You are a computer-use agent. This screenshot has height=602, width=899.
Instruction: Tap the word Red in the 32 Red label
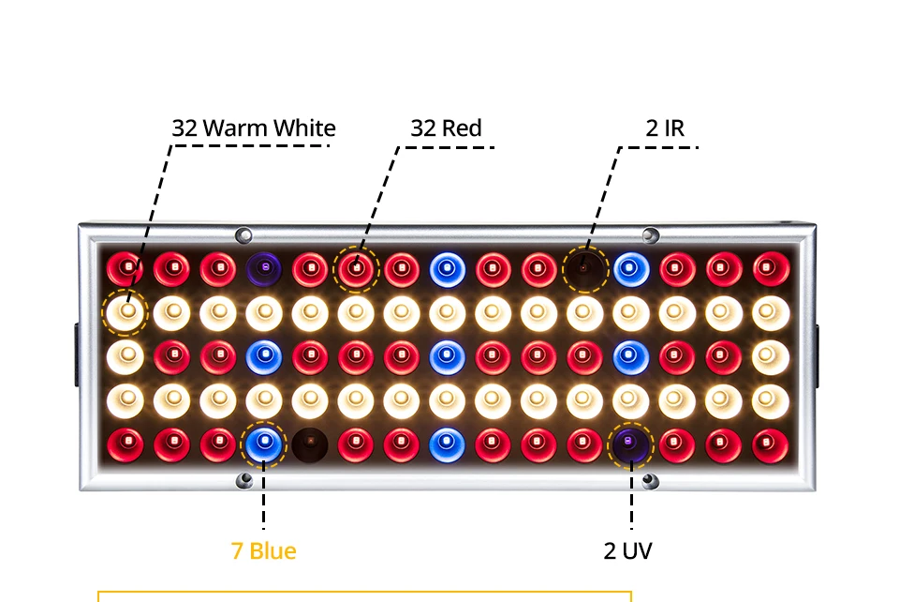tap(461, 128)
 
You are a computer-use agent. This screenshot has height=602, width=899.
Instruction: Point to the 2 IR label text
tap(665, 128)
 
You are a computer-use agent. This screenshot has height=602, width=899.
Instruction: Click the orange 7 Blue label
tap(264, 550)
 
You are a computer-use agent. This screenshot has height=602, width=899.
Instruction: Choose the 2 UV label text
tap(627, 550)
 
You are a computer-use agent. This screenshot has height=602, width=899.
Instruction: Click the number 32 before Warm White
tap(184, 128)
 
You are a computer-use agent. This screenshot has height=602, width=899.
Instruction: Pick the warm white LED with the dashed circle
tap(126, 312)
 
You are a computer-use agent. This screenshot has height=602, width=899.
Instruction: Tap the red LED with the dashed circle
tap(356, 269)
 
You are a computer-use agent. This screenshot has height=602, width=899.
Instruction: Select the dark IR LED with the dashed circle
tap(584, 269)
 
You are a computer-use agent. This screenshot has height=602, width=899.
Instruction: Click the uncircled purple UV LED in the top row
tap(264, 269)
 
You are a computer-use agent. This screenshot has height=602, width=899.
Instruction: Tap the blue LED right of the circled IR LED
tap(631, 269)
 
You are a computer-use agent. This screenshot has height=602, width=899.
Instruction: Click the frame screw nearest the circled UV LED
tap(650, 481)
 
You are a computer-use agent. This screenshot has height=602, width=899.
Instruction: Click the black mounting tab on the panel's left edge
tap(77, 354)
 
